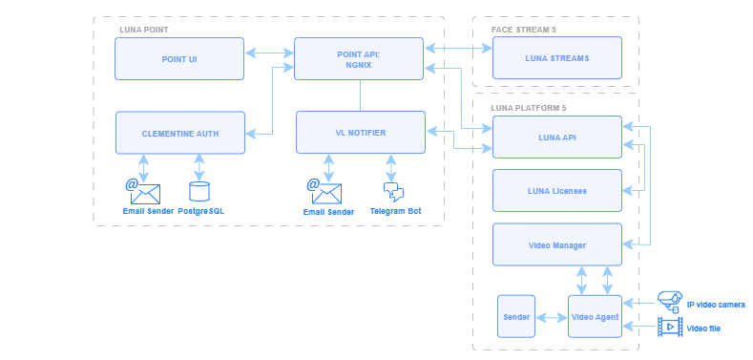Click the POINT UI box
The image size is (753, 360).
tap(179, 58)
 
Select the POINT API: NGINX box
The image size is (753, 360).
tap(359, 58)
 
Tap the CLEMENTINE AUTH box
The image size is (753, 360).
tap(179, 133)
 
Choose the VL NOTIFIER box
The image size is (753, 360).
tap(359, 133)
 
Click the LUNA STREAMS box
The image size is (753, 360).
tap(556, 58)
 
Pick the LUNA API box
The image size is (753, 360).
tap(556, 137)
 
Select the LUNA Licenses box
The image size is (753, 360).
tap(556, 190)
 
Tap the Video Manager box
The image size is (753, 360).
tap(556, 244)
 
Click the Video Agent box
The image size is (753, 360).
tap(594, 316)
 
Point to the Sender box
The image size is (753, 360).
tap(517, 316)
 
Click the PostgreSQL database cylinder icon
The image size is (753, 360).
tap(199, 191)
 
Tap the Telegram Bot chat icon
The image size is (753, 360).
tap(392, 191)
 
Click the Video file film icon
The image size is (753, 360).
tap(670, 328)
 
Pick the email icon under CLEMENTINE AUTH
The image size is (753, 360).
tap(143, 191)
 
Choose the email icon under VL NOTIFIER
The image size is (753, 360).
tap(324, 191)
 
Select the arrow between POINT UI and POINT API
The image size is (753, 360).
tap(269, 53)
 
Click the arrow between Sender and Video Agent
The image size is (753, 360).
tap(553, 316)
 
